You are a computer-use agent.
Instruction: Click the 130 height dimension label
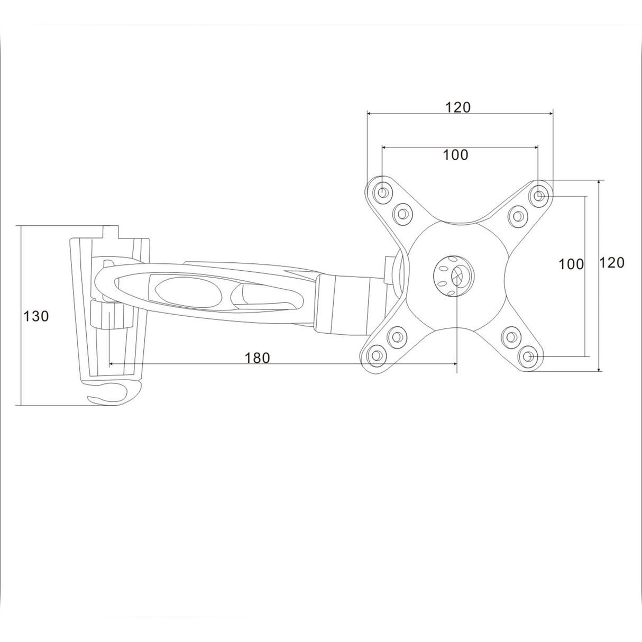pyautogui.click(x=36, y=316)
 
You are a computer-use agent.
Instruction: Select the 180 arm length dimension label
pyautogui.click(x=257, y=358)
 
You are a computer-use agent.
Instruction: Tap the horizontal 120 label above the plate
pyautogui.click(x=457, y=107)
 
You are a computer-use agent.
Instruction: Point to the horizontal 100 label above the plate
pyautogui.click(x=455, y=155)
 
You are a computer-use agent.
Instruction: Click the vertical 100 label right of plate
pyautogui.click(x=571, y=264)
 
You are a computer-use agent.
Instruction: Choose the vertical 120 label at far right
pyautogui.click(x=612, y=262)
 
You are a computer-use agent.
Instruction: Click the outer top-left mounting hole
pyautogui.click(x=382, y=190)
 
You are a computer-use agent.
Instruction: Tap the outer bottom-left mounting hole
pyautogui.click(x=377, y=355)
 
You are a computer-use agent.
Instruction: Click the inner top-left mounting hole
pyautogui.click(x=402, y=213)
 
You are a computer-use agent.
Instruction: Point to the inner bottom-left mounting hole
pyautogui.click(x=397, y=335)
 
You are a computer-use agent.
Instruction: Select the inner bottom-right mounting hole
pyautogui.click(x=511, y=336)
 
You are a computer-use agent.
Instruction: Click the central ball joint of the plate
pyautogui.click(x=454, y=274)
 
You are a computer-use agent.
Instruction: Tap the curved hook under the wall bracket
pyautogui.click(x=114, y=393)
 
